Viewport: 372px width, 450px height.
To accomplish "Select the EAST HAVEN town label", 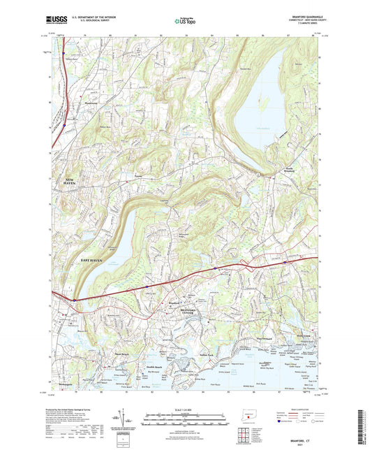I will pyautogui.click(x=94, y=259).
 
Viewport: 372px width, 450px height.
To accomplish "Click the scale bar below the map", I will pyautogui.click(x=185, y=412).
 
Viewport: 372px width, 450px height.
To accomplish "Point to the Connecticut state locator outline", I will pyautogui.click(x=251, y=413).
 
